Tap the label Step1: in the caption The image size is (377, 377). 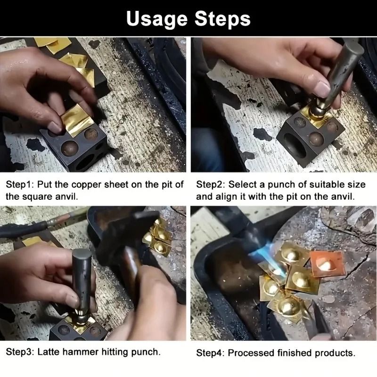pyautogui.click(x=20, y=185)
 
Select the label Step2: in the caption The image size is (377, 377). pyautogui.click(x=211, y=185)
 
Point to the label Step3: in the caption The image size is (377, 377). pyautogui.click(x=20, y=352)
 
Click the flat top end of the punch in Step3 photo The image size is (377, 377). pyautogui.click(x=82, y=254)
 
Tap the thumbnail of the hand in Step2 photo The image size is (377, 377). pyautogui.click(x=323, y=89)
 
